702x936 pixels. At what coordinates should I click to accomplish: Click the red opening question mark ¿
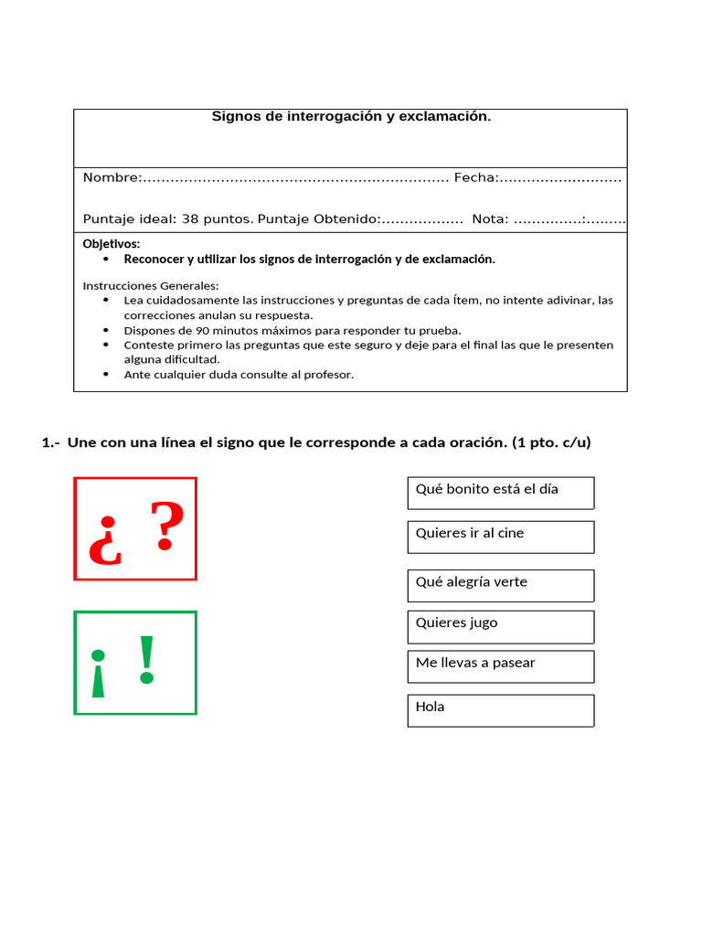(x=105, y=542)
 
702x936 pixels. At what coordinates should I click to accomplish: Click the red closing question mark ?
(x=165, y=526)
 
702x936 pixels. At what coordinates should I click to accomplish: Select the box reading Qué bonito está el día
(x=500, y=493)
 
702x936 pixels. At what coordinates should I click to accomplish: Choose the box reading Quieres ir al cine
(x=500, y=537)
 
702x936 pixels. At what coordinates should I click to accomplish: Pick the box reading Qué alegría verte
(x=500, y=585)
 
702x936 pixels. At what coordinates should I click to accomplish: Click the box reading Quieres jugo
(x=500, y=626)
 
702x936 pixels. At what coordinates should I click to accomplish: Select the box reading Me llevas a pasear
(x=500, y=666)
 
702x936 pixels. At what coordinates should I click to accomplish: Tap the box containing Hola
(x=500, y=710)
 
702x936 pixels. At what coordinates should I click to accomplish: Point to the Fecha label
(x=474, y=177)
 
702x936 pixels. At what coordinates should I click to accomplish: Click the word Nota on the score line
(x=489, y=219)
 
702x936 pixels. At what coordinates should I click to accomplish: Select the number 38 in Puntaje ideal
(x=190, y=219)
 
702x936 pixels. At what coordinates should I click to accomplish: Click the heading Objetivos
(x=112, y=244)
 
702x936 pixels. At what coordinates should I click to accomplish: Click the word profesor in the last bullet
(x=327, y=374)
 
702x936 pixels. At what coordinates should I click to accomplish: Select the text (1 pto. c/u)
(x=551, y=442)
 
